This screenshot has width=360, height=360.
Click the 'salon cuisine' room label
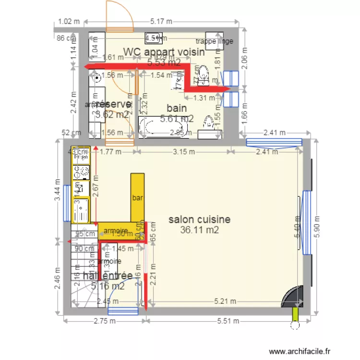[199, 219]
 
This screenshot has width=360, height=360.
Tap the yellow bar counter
[137, 197]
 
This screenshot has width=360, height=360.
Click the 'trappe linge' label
[215, 41]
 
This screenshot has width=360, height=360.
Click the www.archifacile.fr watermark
[300, 351]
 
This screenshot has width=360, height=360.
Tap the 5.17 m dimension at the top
[162, 21]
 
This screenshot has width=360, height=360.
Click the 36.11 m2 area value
[199, 230]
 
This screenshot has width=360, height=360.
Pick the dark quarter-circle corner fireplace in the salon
[294, 297]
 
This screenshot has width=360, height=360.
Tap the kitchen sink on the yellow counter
[81, 210]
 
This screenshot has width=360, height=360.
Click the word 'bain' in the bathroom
[177, 108]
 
